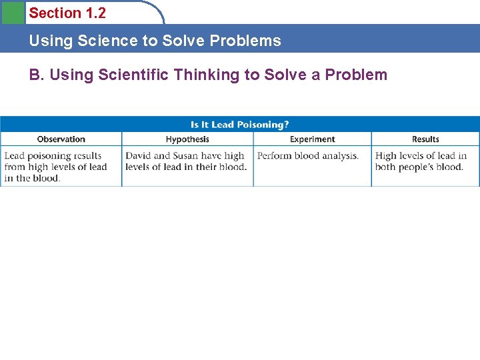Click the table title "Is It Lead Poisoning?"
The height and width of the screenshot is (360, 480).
click(x=239, y=125)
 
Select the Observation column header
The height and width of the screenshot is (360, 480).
click(x=61, y=139)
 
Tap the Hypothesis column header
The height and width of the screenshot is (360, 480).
click(x=187, y=139)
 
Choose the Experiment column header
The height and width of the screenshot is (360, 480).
click(x=312, y=139)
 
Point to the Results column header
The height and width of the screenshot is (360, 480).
click(x=425, y=139)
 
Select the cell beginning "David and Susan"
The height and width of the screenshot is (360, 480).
click(x=186, y=161)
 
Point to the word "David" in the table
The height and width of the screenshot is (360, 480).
click(x=139, y=156)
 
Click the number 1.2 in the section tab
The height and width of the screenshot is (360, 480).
click(x=95, y=13)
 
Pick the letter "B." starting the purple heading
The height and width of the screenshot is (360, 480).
click(x=36, y=75)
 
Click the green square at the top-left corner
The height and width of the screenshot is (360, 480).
click(x=12, y=12)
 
